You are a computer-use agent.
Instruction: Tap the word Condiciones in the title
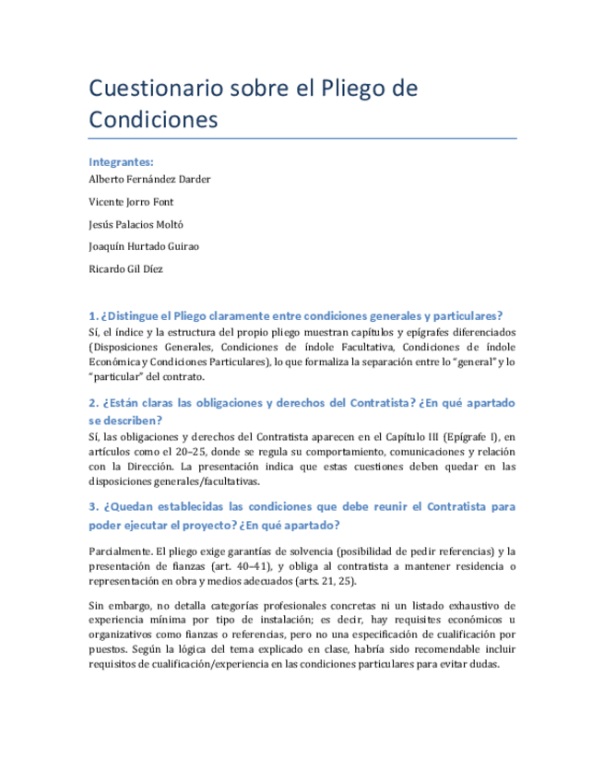[153, 120]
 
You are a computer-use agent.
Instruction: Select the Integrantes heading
[121, 161]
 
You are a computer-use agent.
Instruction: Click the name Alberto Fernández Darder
[149, 179]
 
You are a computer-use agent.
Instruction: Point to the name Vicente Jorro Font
[131, 201]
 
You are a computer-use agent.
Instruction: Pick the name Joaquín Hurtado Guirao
[143, 246]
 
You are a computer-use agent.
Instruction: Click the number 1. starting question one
[93, 314]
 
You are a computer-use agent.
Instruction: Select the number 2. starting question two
[93, 403]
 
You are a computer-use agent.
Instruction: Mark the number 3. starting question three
[93, 506]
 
